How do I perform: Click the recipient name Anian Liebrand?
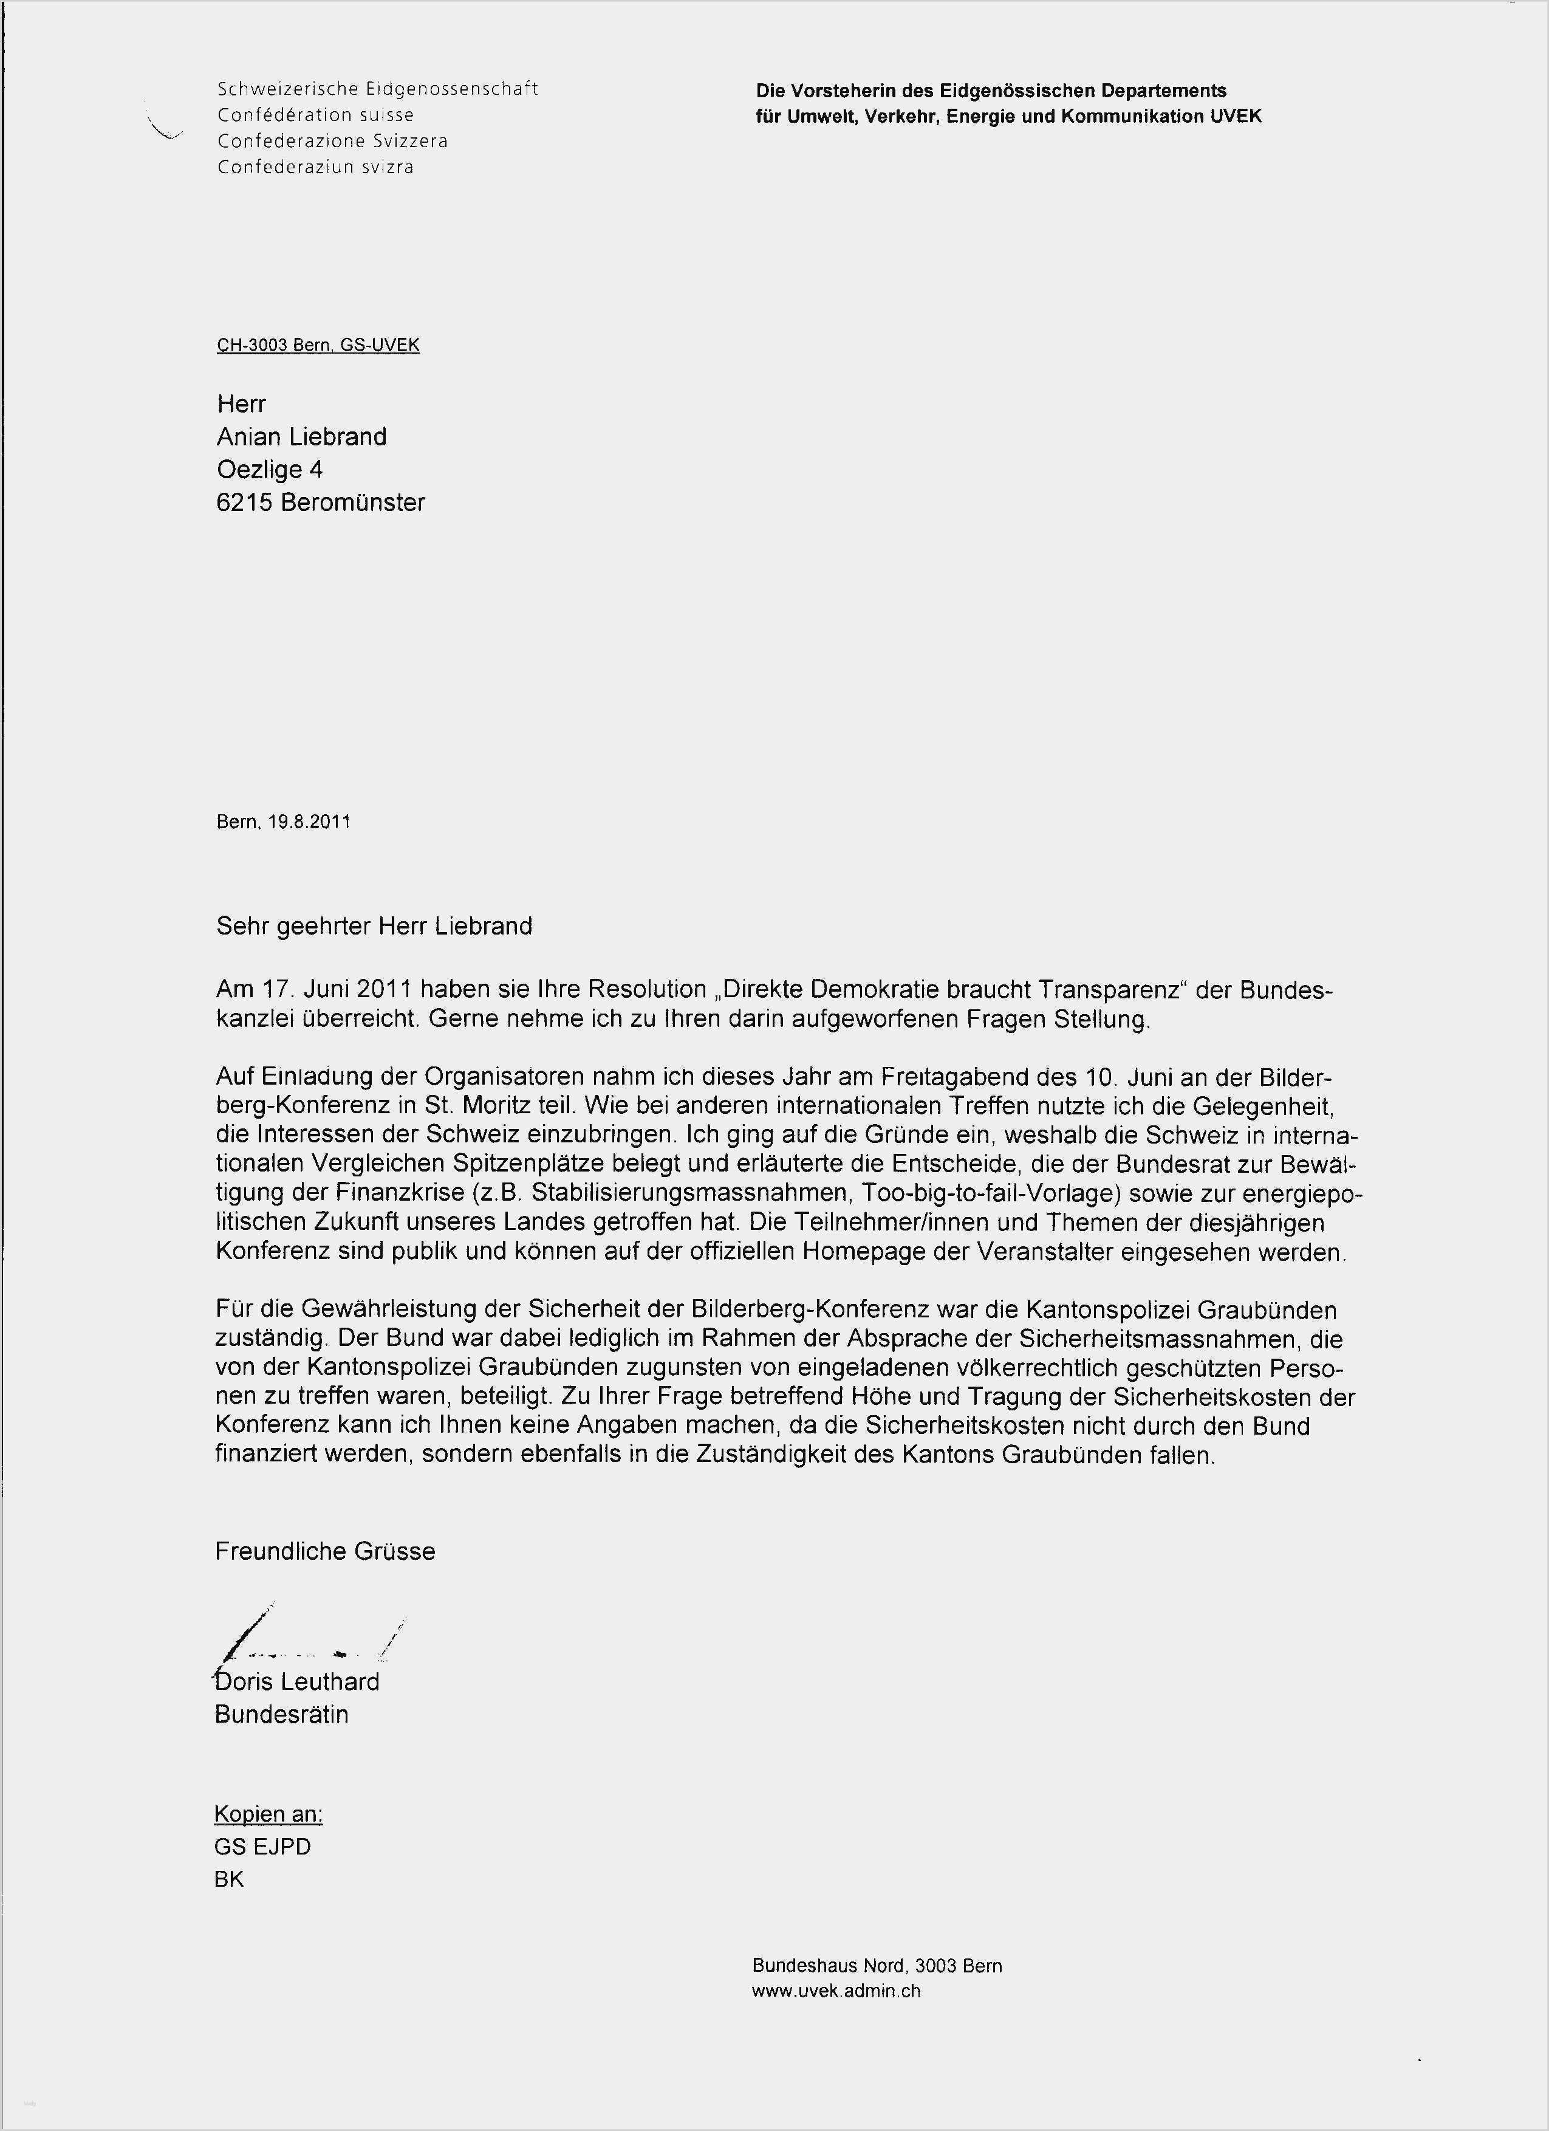point(301,437)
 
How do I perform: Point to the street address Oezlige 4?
point(270,470)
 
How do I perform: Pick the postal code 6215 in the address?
point(244,503)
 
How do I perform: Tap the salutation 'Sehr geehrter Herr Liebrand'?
point(374,927)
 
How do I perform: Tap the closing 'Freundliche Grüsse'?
point(325,1551)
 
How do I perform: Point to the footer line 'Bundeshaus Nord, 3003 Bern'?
point(877,1966)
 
